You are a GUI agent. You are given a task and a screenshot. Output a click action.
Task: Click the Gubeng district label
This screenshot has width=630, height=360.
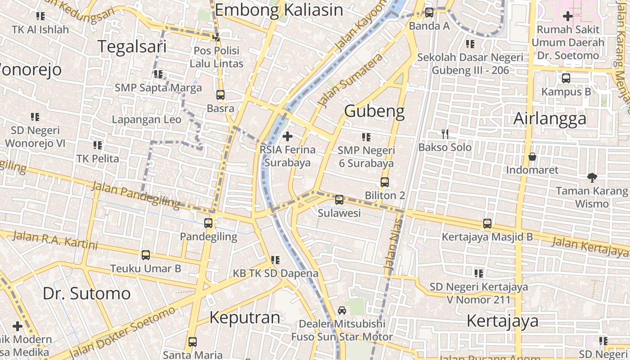click(374, 111)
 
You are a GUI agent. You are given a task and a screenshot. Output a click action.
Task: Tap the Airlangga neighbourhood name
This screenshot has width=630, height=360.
click(550, 119)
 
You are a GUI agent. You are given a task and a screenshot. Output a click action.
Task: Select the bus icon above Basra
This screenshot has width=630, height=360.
click(220, 95)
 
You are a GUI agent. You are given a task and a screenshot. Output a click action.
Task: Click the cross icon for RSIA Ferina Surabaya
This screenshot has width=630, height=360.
click(288, 136)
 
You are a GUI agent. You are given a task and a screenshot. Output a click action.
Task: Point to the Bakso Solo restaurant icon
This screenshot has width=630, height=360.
click(445, 134)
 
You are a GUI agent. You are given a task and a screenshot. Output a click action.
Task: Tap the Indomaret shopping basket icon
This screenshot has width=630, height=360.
click(532, 157)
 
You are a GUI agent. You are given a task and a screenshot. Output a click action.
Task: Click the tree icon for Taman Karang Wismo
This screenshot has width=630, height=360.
click(592, 178)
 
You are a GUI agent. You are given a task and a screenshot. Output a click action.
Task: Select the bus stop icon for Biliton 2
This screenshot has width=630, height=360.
click(385, 182)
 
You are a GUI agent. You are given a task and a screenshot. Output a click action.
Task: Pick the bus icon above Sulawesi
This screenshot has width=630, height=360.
click(339, 199)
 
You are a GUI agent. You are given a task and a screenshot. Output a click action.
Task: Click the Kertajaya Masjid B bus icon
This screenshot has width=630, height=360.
click(487, 223)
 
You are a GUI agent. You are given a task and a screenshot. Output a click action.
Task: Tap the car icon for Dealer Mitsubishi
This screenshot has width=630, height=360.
click(342, 310)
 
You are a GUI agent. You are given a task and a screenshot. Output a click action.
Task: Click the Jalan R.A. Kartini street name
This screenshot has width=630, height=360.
click(55, 240)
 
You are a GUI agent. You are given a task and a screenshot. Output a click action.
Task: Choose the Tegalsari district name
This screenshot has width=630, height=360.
click(132, 46)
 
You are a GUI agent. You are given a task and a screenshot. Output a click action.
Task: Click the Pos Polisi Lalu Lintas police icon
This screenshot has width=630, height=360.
click(216, 37)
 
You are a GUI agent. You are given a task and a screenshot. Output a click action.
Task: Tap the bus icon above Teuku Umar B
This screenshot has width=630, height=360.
click(146, 255)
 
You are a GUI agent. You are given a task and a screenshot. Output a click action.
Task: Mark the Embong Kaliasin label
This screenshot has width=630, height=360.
click(279, 10)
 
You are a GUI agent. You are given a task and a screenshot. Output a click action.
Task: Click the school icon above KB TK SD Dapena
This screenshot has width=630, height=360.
click(275, 260)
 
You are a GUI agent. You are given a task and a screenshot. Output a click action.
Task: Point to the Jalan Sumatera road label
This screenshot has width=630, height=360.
click(351, 80)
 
